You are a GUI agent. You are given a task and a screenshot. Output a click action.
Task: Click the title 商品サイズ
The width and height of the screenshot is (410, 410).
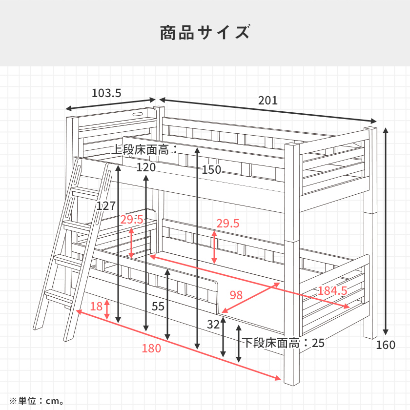click(x=205, y=32)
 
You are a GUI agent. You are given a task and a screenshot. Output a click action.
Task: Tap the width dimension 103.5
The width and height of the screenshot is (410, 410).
click(x=106, y=93)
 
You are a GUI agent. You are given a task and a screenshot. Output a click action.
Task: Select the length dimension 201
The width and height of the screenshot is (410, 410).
click(x=268, y=101)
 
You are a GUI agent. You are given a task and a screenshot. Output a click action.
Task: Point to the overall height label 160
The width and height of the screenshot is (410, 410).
click(x=386, y=345)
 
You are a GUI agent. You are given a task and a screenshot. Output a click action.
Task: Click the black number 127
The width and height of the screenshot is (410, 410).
click(x=106, y=206)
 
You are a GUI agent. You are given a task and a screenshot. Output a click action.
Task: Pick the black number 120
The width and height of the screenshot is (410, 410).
click(x=146, y=167)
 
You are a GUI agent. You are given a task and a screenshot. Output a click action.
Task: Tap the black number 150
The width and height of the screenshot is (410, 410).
click(x=211, y=170)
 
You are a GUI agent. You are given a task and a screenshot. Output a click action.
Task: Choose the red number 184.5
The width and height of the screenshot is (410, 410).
click(x=332, y=291)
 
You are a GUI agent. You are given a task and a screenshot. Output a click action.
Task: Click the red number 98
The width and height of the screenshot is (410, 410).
click(x=236, y=295)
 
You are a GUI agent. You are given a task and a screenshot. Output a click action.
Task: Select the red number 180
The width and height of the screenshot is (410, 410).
click(x=151, y=348)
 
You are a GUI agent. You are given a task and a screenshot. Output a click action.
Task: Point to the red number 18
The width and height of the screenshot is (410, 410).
click(x=96, y=307)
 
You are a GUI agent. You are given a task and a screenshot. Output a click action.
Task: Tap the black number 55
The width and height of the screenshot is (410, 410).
click(x=158, y=306)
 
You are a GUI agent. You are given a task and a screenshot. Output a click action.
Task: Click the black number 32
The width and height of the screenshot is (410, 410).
click(x=213, y=325)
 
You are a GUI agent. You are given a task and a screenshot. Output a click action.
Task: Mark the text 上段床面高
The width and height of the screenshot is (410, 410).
click(x=140, y=150)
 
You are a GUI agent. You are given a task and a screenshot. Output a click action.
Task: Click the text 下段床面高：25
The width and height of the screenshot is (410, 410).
click(x=283, y=343)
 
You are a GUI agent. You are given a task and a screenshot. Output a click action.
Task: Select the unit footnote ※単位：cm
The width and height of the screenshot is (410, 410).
click(x=36, y=401)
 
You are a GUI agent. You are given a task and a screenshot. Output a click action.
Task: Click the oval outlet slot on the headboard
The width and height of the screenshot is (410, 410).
click(x=138, y=114)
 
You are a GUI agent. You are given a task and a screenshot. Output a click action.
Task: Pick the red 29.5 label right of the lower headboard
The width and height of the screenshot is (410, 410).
click(x=228, y=224)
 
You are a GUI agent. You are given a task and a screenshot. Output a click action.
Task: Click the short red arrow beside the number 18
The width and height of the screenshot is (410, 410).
click(x=107, y=309)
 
